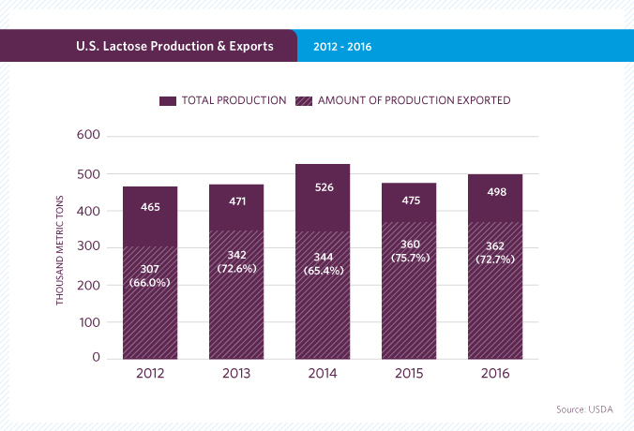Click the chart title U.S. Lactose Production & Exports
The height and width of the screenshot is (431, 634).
(174, 45)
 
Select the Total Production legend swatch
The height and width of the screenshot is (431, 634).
(169, 100)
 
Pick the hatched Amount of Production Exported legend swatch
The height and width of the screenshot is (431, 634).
(305, 100)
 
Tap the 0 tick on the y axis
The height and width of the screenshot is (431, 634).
(95, 358)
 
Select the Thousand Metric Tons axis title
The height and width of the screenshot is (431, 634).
(59, 247)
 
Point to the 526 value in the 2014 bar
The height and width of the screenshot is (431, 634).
(323, 187)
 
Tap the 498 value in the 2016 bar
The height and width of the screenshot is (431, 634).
(495, 194)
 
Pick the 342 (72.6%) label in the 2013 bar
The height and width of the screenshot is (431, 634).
(236, 262)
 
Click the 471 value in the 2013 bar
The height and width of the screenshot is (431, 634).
(236, 200)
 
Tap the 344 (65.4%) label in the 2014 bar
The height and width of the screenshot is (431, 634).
(323, 263)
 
